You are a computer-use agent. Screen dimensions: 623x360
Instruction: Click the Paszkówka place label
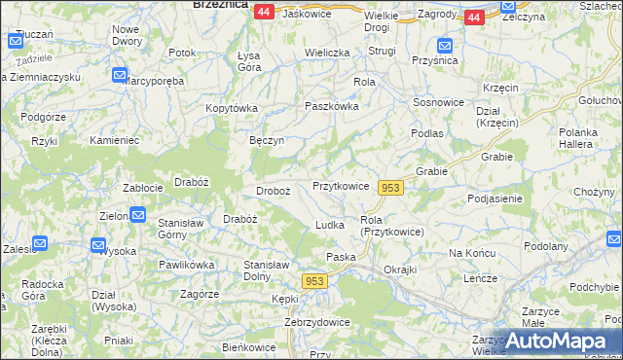tap(332, 106)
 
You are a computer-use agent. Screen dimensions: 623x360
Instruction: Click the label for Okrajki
tap(400, 269)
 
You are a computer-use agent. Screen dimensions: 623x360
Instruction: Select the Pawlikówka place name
tap(187, 265)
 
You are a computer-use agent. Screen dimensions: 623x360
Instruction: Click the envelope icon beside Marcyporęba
tap(119, 75)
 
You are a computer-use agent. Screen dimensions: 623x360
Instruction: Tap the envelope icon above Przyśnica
tap(444, 45)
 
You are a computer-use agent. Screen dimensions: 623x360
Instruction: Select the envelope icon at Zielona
tap(138, 215)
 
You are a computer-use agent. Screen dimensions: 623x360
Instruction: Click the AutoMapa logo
tap(551, 341)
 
